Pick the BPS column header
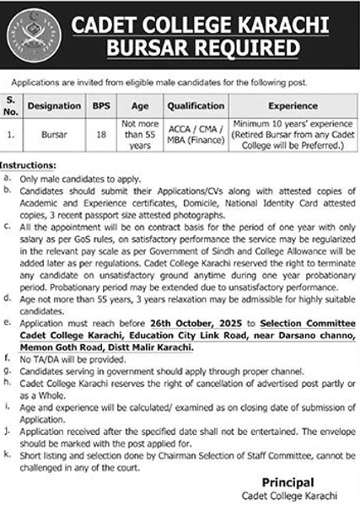coord(100,108)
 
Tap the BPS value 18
coord(100,134)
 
